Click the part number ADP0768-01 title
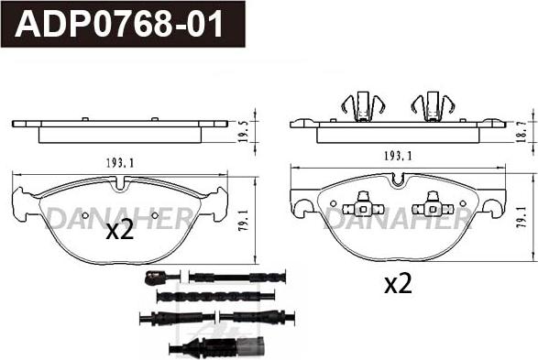tap(119, 24)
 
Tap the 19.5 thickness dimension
tap(245, 132)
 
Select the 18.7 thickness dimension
tap(523, 132)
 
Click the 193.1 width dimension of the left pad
tap(120, 164)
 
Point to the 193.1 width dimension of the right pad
tap(398, 157)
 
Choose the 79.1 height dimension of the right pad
tap(523, 217)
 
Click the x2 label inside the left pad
tap(119, 232)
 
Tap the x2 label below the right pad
tap(398, 285)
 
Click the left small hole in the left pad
tap(85, 215)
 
